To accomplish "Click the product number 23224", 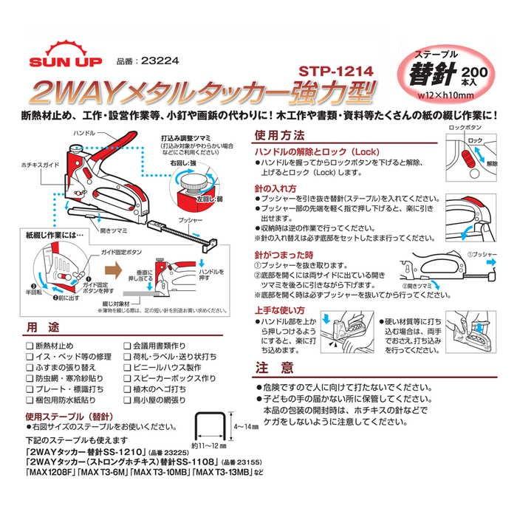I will (x=140, y=63).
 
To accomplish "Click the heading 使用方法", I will (x=278, y=136).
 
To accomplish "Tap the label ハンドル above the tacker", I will (x=83, y=134).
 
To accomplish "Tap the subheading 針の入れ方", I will (x=275, y=188).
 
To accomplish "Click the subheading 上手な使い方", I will (x=279, y=310).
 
